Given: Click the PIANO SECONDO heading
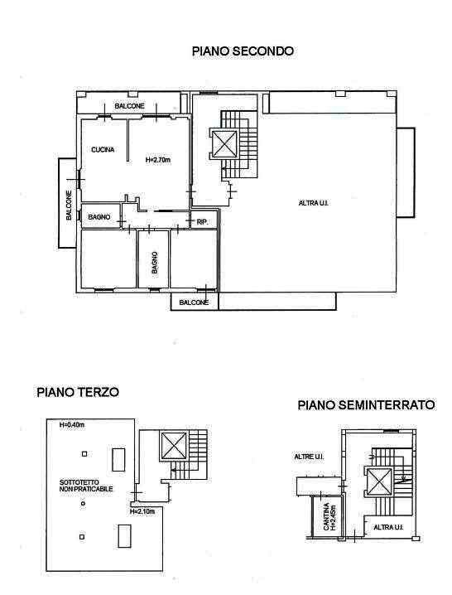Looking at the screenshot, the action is [243, 51].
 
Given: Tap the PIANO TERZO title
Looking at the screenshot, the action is [78, 392].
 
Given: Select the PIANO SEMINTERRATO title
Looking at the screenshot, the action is [366, 405].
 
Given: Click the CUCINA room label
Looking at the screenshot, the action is [103, 149].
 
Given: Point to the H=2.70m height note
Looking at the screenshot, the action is [158, 160].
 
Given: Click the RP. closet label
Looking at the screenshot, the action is [203, 222].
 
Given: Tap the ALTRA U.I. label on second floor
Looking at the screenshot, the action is [314, 203].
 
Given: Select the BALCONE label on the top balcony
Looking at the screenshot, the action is [130, 106].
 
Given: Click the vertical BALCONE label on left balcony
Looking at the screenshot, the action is [69, 206].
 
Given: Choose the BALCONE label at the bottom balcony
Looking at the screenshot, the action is [194, 302].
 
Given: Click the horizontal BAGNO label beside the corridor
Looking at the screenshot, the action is [99, 217].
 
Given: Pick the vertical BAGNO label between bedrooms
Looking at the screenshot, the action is [154, 263].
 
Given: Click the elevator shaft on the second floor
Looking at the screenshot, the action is [224, 144].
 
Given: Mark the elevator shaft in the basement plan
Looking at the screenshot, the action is [379, 481].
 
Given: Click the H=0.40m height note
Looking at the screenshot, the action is [72, 425].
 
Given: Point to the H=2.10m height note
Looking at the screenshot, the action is [142, 511].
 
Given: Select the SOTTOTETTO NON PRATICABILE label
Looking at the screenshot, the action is [86, 486].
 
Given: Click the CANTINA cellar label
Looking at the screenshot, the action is [329, 516].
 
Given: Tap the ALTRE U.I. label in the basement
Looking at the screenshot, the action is [309, 457].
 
